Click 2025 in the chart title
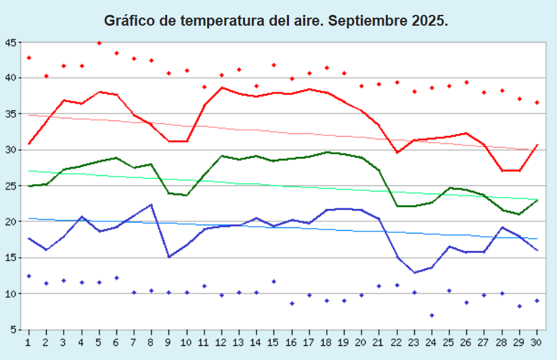tap(428, 21)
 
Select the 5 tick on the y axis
tap(13, 330)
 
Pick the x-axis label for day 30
tap(537, 342)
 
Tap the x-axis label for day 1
tap(28, 342)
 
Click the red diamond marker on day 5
tap(99, 43)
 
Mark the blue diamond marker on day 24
tap(432, 315)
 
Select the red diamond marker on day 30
tap(537, 103)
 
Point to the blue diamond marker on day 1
tap(28, 276)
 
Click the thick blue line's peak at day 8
tap(151, 204)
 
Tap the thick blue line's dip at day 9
tap(169, 257)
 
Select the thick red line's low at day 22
tap(397, 153)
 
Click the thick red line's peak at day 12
tap(221, 87)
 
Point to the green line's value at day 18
tap(327, 152)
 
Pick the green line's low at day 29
tap(519, 215)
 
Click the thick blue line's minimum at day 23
tap(414, 273)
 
